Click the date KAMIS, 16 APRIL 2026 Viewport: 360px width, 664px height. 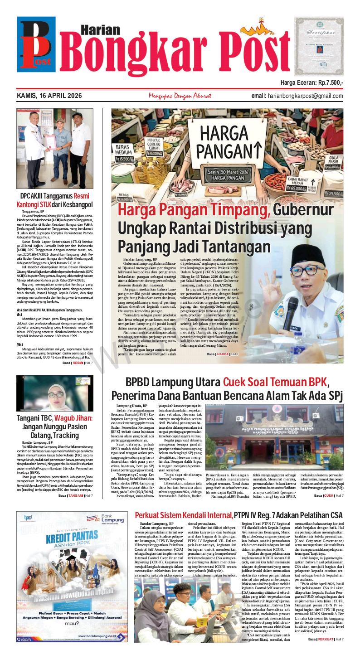(x=49, y=96)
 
